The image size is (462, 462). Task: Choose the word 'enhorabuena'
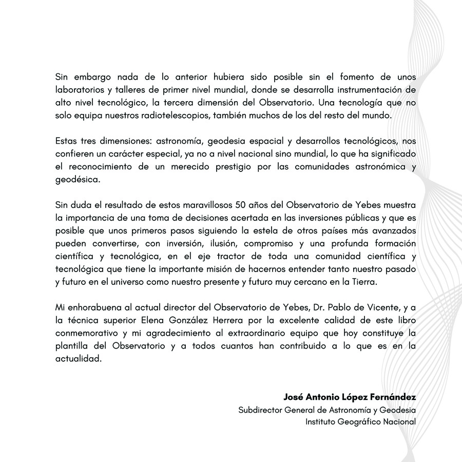[93, 309]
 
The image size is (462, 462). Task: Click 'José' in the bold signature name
[294, 397]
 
